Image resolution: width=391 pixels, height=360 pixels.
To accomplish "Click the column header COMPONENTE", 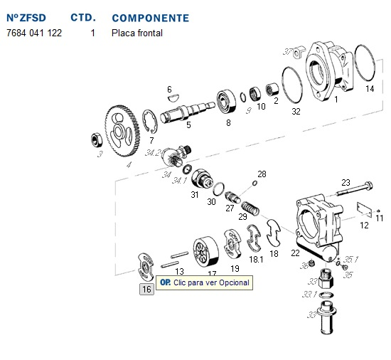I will [150, 17].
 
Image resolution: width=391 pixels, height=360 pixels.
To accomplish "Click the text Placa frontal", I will [137, 33].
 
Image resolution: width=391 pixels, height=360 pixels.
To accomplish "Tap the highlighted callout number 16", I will [146, 289].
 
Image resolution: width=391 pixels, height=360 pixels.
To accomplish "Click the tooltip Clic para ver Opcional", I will [205, 282].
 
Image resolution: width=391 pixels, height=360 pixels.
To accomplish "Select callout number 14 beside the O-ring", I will [369, 89].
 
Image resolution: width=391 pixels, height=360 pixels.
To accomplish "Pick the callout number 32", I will [296, 112].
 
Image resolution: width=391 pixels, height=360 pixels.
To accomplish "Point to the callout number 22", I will [295, 253].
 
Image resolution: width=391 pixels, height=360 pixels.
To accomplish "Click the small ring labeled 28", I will [254, 184].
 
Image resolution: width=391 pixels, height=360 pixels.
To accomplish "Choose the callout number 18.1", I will [256, 260].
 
